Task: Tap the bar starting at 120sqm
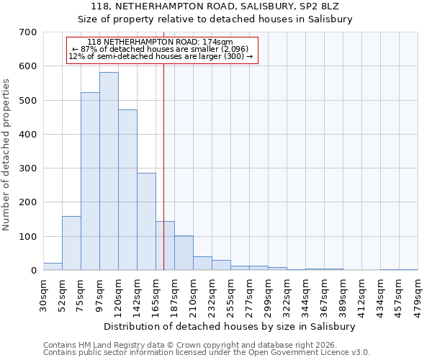(127, 190)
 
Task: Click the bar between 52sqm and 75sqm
(71, 243)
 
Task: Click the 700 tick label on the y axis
(28, 32)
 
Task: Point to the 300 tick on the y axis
(28, 168)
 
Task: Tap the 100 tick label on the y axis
(28, 237)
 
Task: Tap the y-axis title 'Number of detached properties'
(6, 155)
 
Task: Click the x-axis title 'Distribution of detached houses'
(230, 326)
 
